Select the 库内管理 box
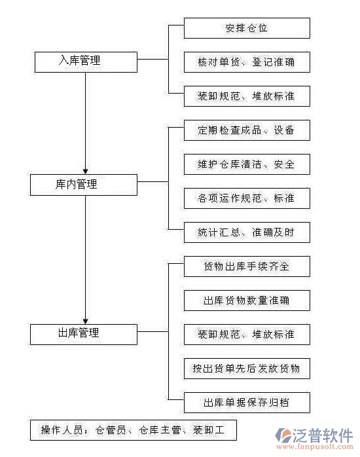pyautogui.click(x=84, y=185)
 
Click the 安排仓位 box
pyautogui.click(x=246, y=28)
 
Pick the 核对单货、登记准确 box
pyautogui.click(x=246, y=62)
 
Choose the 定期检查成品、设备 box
pyautogui.click(x=246, y=130)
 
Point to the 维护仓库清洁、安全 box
pyautogui.click(x=246, y=164)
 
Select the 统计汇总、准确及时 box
pyautogui.click(x=246, y=232)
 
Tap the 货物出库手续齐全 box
pyautogui.click(x=246, y=266)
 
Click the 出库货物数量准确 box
pyautogui.click(x=246, y=301)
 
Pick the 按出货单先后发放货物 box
pyautogui.click(x=246, y=369)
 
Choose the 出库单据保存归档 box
pyautogui.click(x=246, y=402)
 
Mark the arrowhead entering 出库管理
pyautogui.click(x=85, y=320)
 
